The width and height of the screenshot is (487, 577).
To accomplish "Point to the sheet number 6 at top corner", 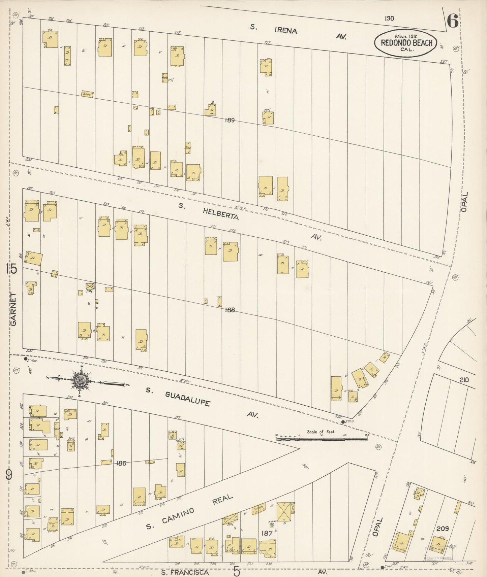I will click(x=452, y=22).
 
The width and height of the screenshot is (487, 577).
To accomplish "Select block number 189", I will click(x=231, y=120).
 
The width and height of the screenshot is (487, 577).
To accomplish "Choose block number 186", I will click(x=120, y=464).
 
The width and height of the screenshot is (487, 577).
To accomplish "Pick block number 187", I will click(x=268, y=533).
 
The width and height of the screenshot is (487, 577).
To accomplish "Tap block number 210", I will click(x=464, y=380).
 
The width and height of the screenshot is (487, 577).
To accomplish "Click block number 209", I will click(x=442, y=529).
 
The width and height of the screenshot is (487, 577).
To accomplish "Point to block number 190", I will click(x=389, y=19).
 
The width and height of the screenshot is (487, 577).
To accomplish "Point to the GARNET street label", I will click(x=13, y=309).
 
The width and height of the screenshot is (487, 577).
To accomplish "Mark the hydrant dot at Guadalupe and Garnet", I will click(x=25, y=359).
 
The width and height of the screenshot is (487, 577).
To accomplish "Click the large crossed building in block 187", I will click(x=285, y=512).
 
